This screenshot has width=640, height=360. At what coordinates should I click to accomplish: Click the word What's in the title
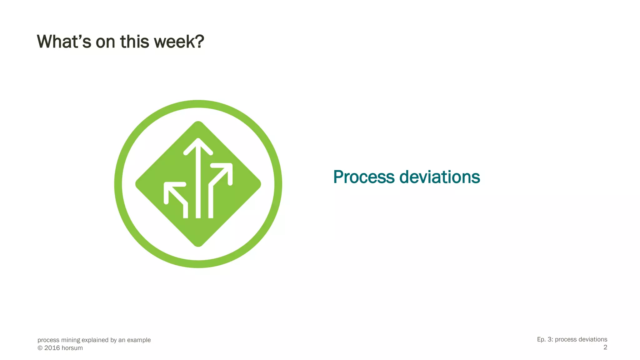pos(64,42)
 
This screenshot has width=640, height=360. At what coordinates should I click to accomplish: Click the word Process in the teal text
pos(364,177)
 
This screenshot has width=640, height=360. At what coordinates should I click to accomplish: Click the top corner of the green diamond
pos(198,122)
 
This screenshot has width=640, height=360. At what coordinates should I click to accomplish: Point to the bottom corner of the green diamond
pos(198,246)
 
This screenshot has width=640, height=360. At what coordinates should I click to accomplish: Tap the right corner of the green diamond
pos(260,184)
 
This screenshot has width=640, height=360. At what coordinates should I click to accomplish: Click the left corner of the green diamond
pos(136,184)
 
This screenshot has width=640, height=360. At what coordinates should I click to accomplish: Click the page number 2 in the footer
pos(605,347)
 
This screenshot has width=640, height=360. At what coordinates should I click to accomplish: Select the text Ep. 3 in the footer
pos(543,339)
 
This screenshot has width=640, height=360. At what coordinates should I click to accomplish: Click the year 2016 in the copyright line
pos(52,348)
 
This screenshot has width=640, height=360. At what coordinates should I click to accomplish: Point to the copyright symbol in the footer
pos(40,348)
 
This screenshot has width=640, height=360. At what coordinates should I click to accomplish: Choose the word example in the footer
pos(139,340)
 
